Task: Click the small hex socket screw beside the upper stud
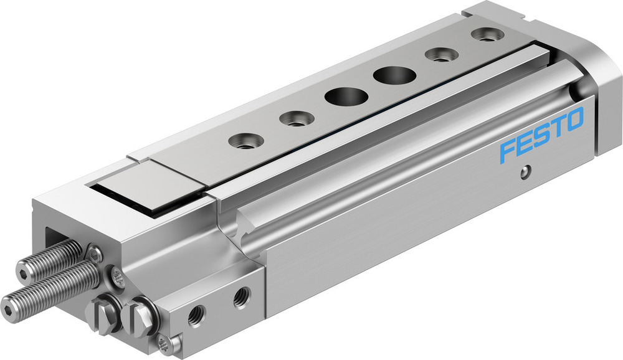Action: [95, 253]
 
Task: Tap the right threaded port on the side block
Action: [241, 298]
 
